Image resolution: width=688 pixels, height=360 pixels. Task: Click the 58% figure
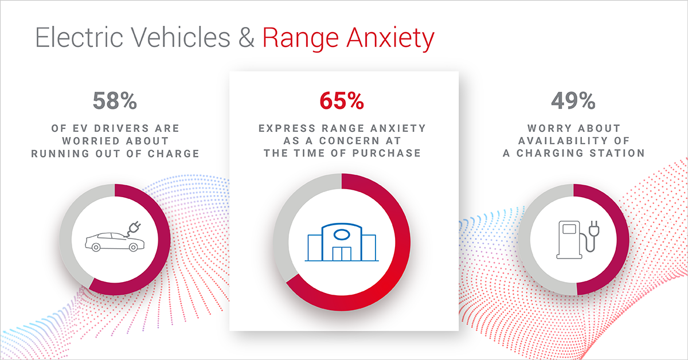[x=115, y=101]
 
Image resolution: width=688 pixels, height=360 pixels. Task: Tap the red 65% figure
[x=342, y=101]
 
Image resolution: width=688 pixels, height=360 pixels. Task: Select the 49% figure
[x=573, y=101]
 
